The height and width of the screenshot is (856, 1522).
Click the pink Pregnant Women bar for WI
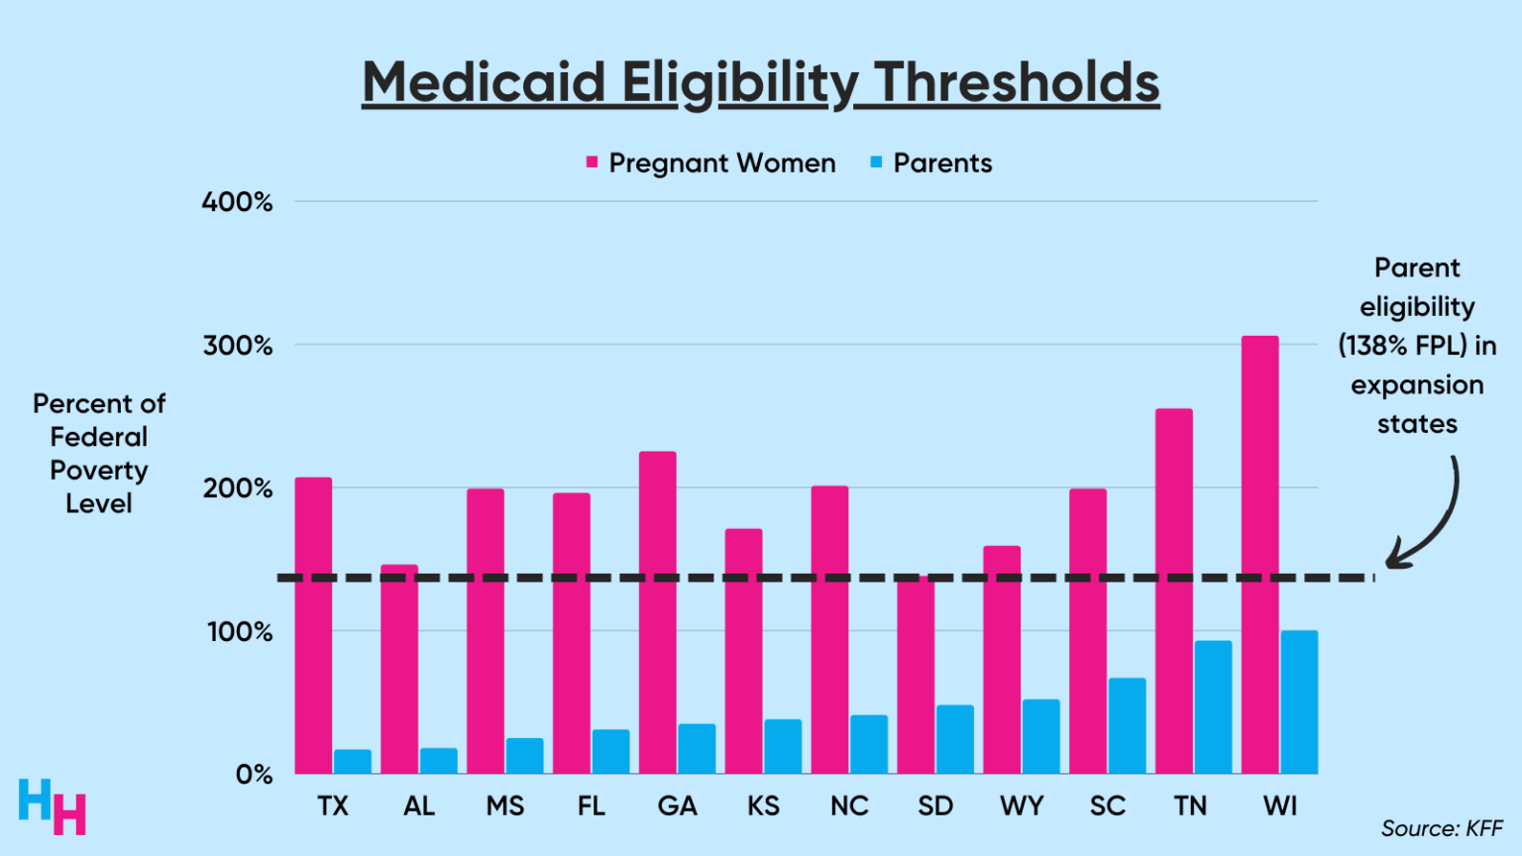point(1259,555)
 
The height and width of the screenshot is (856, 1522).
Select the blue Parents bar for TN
point(1213,707)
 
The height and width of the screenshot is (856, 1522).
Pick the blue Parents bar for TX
point(353,762)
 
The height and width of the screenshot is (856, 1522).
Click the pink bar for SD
point(916,675)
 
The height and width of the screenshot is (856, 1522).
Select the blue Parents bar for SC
point(1127,726)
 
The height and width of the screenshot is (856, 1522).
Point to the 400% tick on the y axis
point(238,202)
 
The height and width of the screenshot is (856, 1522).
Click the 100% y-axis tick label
point(239,632)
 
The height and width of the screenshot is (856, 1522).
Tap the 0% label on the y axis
point(254,775)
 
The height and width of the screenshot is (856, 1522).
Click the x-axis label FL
point(591,806)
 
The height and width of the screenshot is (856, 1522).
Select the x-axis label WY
point(1021,806)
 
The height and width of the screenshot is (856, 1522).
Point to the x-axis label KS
point(763,806)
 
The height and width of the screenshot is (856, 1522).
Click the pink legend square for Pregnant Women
point(592,162)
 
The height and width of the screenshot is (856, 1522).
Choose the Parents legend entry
point(941,163)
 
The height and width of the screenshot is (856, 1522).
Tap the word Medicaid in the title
point(484,82)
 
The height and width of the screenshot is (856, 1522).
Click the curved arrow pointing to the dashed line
point(1432,520)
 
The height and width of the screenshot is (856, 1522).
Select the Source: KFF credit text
point(1441,828)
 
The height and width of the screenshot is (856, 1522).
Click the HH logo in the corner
point(53,806)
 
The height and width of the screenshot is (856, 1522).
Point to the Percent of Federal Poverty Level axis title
point(99,454)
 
